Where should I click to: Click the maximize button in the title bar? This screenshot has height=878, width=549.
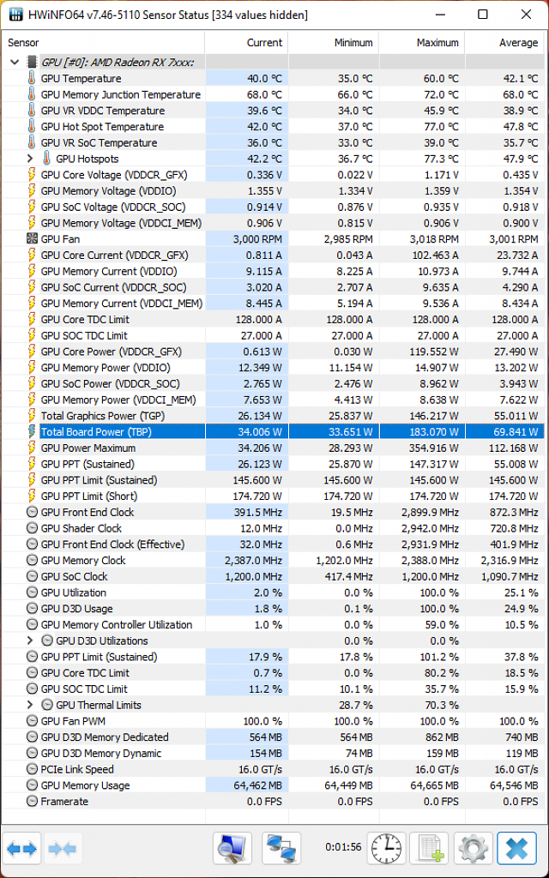pyautogui.click(x=482, y=15)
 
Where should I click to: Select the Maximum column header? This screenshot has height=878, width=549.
pyautogui.click(x=437, y=43)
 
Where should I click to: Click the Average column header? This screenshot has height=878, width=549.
pyautogui.click(x=519, y=43)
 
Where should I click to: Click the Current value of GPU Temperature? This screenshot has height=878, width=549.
pyautogui.click(x=264, y=78)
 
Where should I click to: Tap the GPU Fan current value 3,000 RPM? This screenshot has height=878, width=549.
pyautogui.click(x=257, y=239)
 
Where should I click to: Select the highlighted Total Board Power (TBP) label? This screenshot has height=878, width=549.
pyautogui.click(x=96, y=432)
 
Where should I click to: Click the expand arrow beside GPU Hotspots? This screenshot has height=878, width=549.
pyautogui.click(x=30, y=159)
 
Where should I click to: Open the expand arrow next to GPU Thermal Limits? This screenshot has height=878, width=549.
pyautogui.click(x=30, y=705)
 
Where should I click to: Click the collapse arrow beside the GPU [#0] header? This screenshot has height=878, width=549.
pyautogui.click(x=15, y=62)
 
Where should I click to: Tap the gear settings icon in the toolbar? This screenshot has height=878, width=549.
pyautogui.click(x=474, y=848)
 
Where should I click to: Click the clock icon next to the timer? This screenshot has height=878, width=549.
pyautogui.click(x=387, y=848)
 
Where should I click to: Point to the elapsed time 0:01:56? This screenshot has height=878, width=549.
pyautogui.click(x=343, y=846)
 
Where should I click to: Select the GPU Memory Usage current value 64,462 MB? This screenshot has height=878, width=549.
pyautogui.click(x=258, y=785)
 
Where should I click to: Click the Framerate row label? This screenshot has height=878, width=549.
pyautogui.click(x=64, y=802)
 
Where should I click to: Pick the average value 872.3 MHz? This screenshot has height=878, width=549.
pyautogui.click(x=513, y=513)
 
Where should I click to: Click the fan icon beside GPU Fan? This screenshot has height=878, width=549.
pyautogui.click(x=32, y=239)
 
